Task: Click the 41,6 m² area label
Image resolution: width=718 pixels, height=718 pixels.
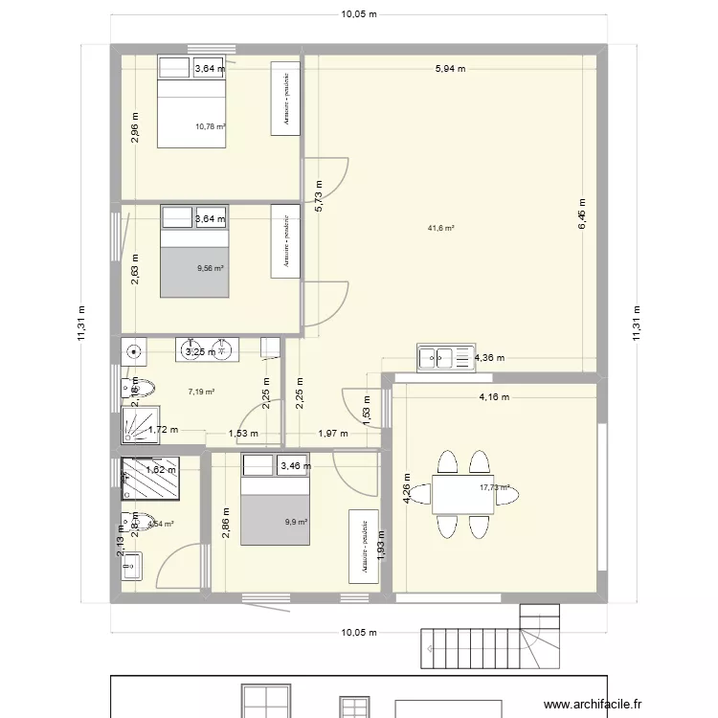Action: click(x=440, y=228)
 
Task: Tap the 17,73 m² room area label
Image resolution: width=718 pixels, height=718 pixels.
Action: click(x=494, y=487)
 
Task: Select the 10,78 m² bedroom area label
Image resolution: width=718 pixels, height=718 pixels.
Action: click(x=210, y=126)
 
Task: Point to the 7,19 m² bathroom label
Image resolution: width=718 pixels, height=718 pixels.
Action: click(x=201, y=392)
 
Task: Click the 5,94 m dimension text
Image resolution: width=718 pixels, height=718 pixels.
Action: click(x=450, y=69)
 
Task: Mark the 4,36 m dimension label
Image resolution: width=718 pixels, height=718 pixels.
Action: click(x=489, y=358)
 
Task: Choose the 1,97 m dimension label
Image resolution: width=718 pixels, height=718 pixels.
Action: click(x=334, y=434)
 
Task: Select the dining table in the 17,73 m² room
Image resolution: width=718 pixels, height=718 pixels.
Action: click(x=460, y=495)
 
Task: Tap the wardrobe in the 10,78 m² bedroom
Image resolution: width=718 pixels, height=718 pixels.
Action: click(x=285, y=100)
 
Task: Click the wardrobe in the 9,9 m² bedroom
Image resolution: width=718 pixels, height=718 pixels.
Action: click(x=364, y=545)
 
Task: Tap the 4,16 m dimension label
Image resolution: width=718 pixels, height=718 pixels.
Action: click(x=494, y=396)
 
